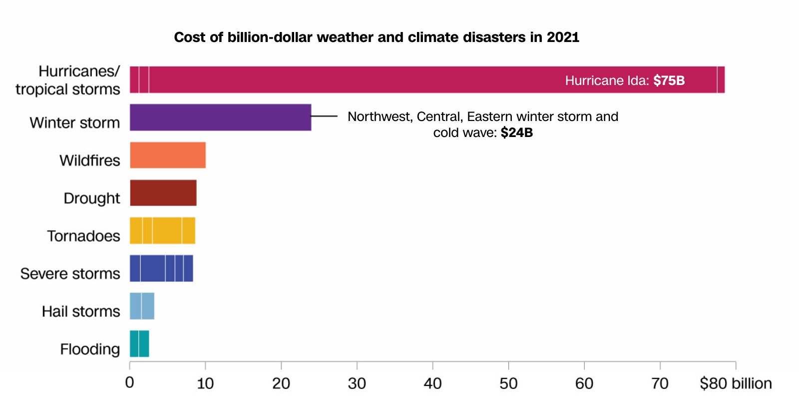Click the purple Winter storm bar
220,117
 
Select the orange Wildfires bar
168,155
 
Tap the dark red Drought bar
163,193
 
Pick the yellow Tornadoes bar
162,230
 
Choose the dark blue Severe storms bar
161,268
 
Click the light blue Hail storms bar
142,306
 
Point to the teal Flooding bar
139,344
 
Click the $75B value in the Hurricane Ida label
669,80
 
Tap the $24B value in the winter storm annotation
516,132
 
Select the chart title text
377,37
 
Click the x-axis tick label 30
357,383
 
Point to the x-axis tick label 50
508,383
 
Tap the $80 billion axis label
735,383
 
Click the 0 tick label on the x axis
130,383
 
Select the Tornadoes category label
83,236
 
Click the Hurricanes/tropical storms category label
68,80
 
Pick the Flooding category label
90,349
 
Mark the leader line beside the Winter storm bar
324,116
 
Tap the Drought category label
91,198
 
